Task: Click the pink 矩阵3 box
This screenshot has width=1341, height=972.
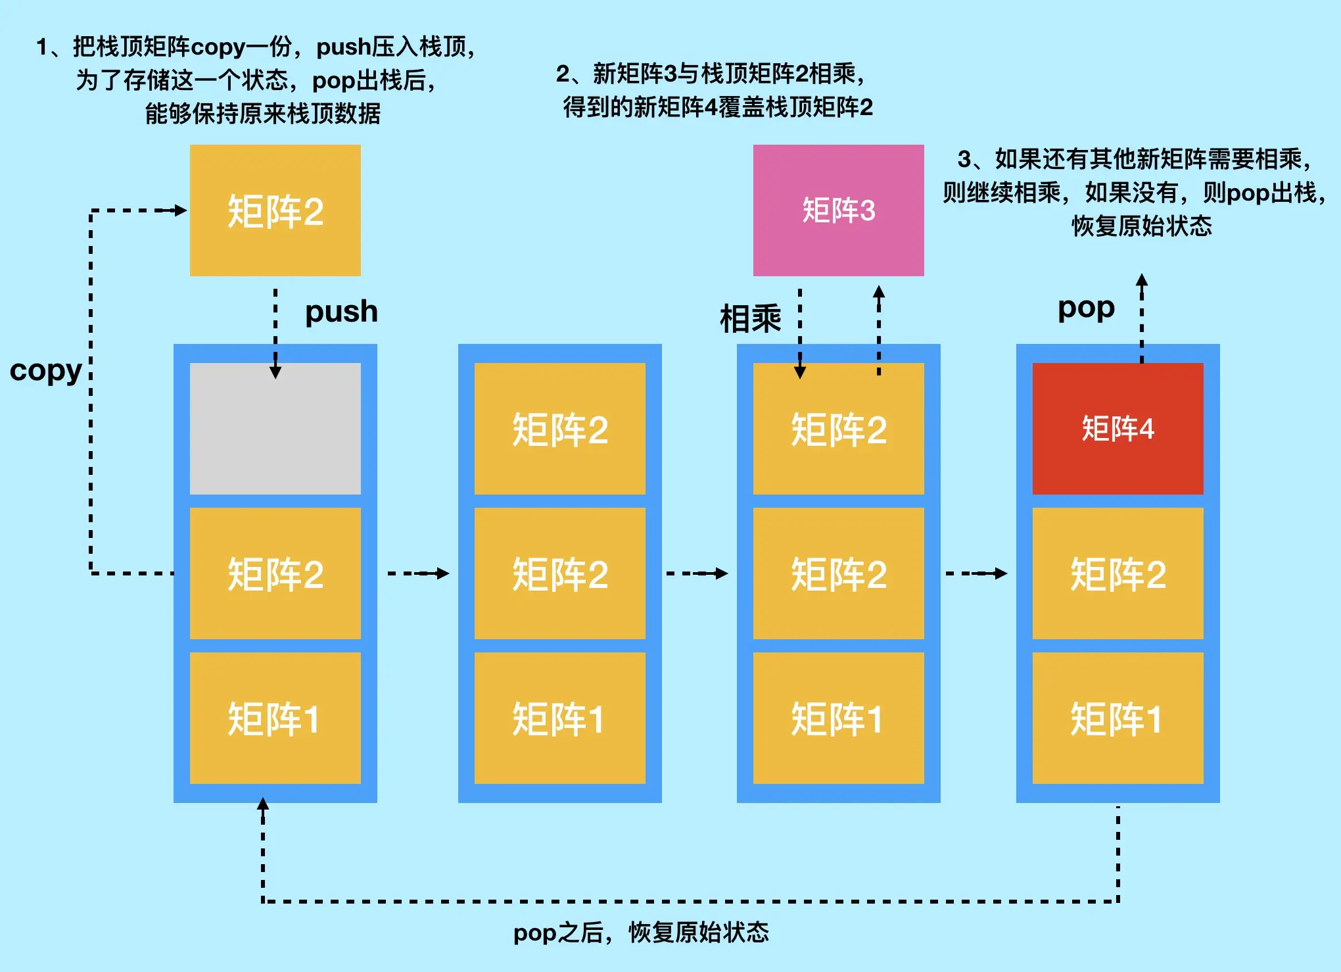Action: (838, 210)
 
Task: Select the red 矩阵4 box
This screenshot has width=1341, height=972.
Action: (1117, 429)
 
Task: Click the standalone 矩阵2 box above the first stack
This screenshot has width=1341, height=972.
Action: (275, 210)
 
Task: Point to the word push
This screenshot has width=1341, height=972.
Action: (341, 312)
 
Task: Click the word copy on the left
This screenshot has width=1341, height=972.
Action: (45, 371)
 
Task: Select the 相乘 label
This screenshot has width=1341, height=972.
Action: (750, 319)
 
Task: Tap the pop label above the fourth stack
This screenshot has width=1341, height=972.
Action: (1086, 308)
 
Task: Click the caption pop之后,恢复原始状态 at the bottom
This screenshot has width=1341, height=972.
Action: (641, 933)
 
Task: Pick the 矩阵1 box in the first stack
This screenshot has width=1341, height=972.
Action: (275, 718)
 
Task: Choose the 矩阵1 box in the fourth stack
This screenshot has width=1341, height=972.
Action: (1117, 718)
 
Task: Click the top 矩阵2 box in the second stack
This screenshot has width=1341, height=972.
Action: (559, 429)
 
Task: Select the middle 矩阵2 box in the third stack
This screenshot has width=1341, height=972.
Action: (838, 573)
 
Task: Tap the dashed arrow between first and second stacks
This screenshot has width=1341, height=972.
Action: (418, 573)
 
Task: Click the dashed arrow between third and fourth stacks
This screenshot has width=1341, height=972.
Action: (976, 573)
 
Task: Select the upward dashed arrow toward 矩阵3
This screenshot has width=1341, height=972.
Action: (879, 329)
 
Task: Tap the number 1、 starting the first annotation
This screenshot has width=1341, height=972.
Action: (49, 47)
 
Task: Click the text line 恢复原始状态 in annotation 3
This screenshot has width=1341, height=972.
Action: (1142, 226)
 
